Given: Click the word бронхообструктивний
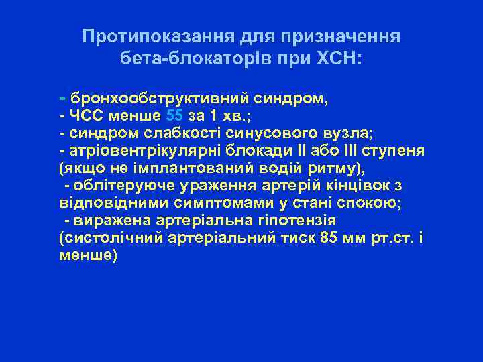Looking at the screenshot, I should (160, 99).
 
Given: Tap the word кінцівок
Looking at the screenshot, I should (364, 184).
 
